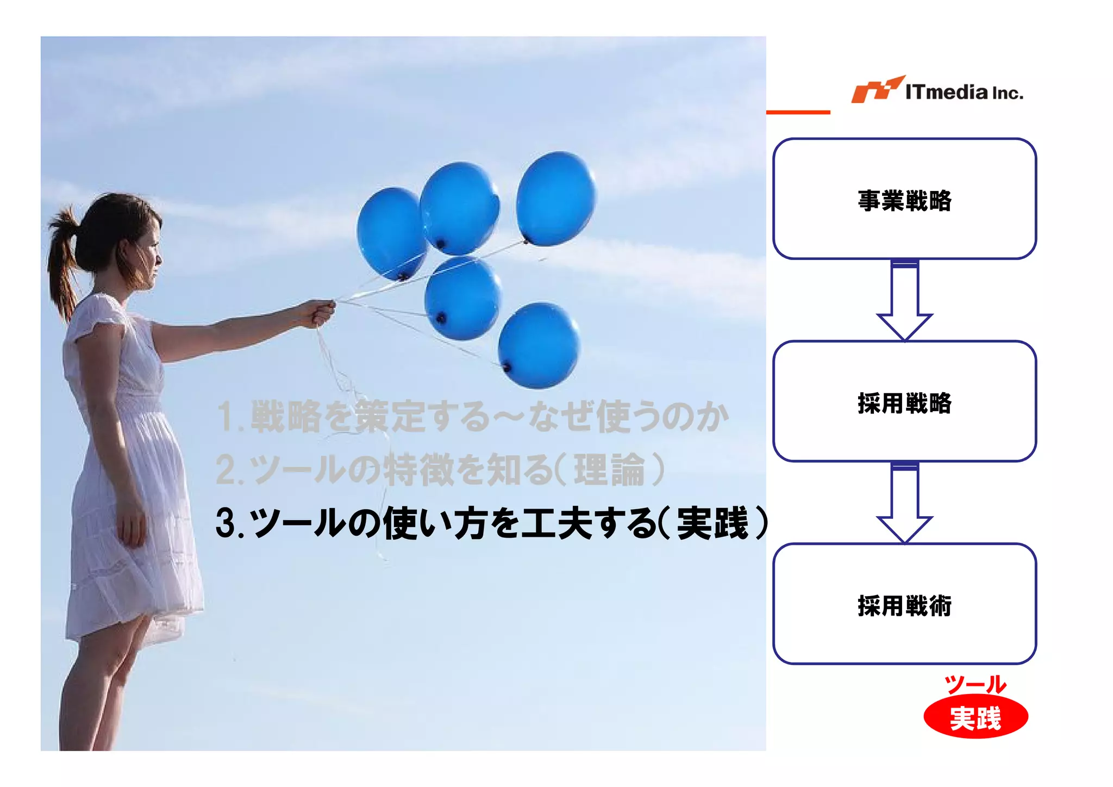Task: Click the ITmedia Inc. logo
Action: (937, 90)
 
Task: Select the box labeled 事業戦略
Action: (904, 199)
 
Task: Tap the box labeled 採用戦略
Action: (904, 401)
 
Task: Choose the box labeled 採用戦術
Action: (904, 604)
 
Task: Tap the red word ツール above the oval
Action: (976, 684)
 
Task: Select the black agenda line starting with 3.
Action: (491, 523)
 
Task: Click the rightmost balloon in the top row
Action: (555, 198)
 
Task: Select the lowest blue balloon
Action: (538, 346)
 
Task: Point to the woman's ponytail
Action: (62, 261)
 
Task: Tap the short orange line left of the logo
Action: (798, 112)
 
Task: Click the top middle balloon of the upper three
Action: (460, 208)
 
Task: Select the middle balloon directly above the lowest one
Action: (462, 298)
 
